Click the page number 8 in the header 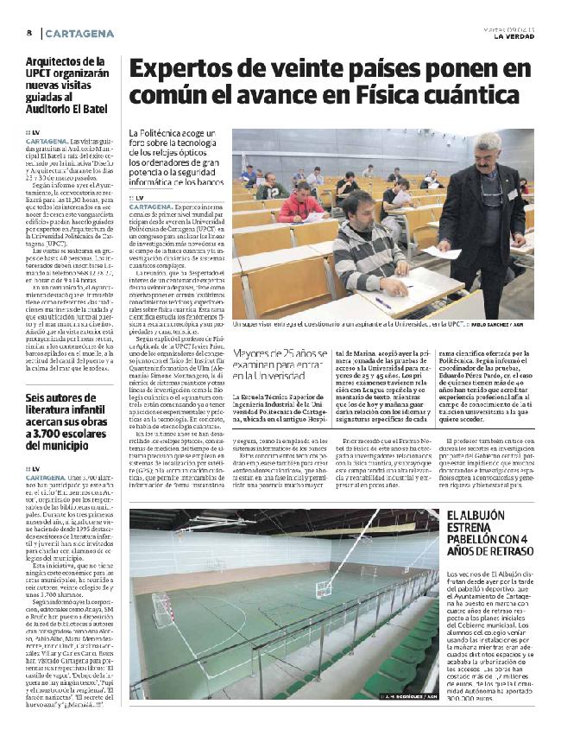29,33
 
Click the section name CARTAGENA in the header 79,33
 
